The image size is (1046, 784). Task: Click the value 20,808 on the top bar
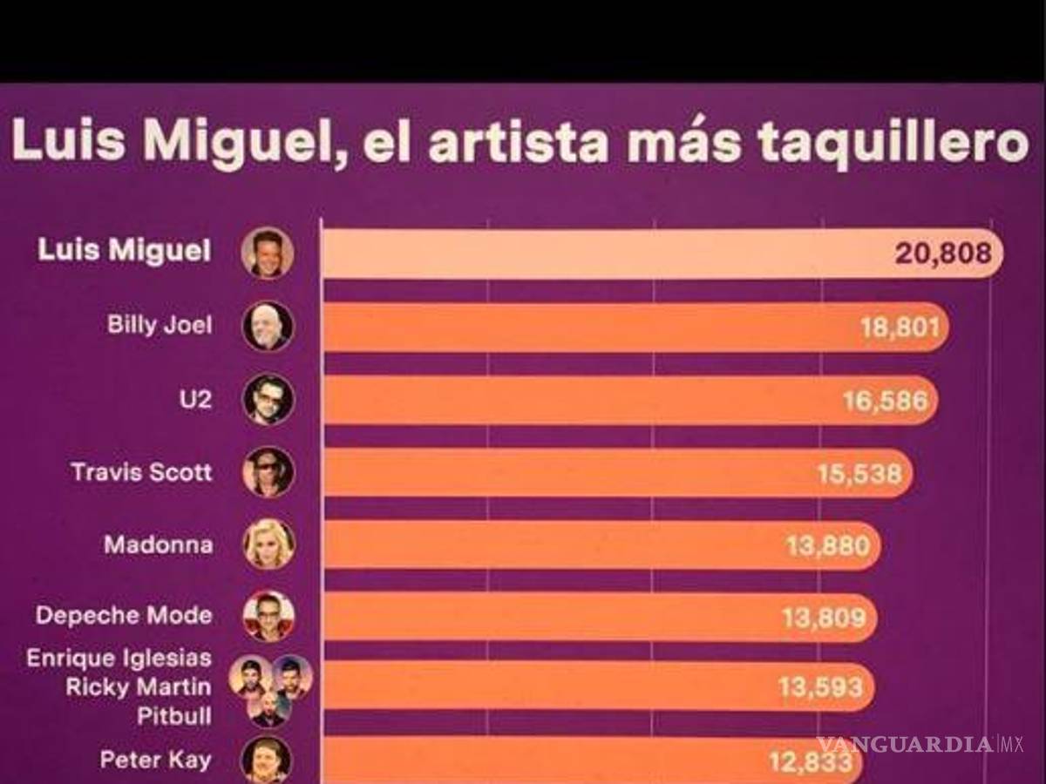[942, 253]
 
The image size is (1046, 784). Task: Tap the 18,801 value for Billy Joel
[900, 328]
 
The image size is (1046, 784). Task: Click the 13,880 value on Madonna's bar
[827, 546]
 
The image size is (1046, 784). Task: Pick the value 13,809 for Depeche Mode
[824, 618]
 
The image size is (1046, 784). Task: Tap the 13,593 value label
[820, 688]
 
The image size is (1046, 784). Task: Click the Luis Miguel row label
[124, 252]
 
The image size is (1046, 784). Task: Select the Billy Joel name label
[160, 326]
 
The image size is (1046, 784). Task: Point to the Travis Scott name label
[141, 472]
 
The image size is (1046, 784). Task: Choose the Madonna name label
[158, 545]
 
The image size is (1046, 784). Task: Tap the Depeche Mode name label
[124, 616]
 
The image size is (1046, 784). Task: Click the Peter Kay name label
[155, 760]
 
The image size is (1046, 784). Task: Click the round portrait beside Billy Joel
[268, 327]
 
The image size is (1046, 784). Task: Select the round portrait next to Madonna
[268, 544]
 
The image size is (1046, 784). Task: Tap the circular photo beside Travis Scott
[268, 472]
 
